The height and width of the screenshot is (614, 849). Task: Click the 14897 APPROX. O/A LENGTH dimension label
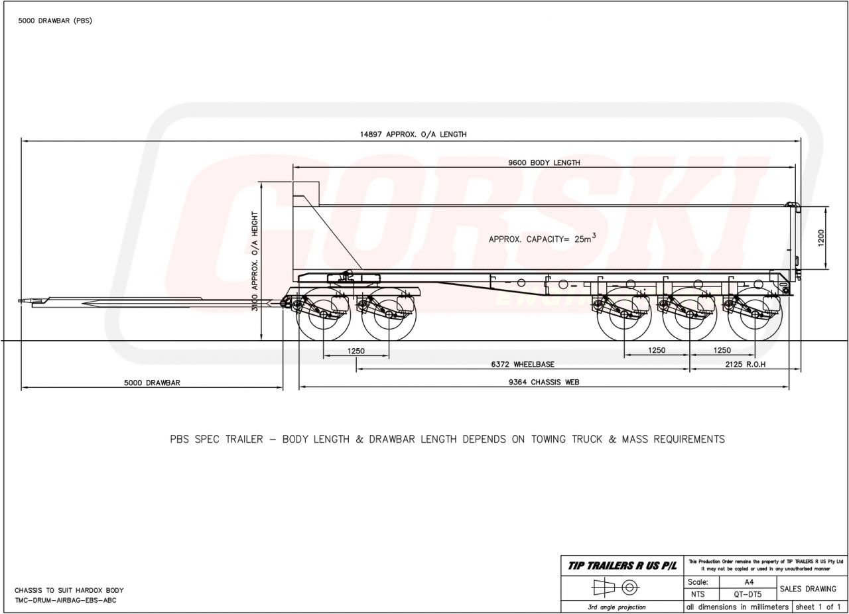413,135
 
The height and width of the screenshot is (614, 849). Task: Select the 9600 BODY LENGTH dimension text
544,163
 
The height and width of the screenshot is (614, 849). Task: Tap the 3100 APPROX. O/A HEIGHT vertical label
255,261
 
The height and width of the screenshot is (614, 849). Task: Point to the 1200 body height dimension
821,238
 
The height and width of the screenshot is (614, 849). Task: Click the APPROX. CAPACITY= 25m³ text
542,239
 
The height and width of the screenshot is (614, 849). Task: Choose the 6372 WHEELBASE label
523,365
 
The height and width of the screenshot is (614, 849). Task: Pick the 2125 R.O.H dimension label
746,365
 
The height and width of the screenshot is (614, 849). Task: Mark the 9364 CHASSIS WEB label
544,382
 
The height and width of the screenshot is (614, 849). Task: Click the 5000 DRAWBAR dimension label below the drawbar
152,383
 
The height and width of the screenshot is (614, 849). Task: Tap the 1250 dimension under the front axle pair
356,351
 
